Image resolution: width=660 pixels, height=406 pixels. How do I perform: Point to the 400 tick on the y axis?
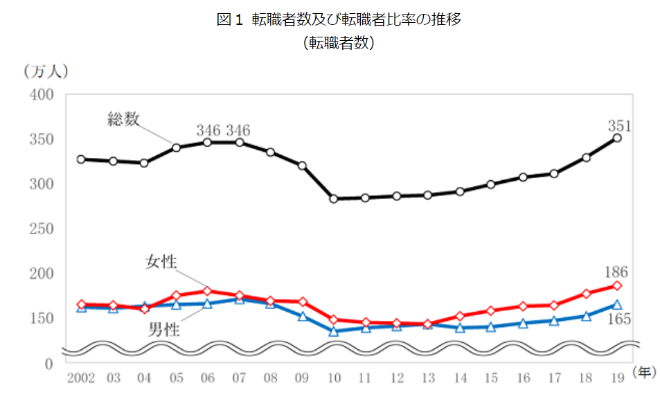point(42,95)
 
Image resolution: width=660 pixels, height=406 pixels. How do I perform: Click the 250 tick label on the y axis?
point(42,229)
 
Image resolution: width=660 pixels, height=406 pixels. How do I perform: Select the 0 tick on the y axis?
point(48,363)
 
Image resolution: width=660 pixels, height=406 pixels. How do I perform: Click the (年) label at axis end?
point(644,374)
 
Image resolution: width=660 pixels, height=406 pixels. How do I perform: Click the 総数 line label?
point(123,118)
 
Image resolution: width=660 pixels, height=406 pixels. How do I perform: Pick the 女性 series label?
point(161,262)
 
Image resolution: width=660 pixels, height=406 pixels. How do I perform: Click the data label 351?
point(618,125)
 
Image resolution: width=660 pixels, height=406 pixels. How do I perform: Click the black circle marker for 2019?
point(617,139)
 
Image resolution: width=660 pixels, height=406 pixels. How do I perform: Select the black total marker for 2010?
point(333,199)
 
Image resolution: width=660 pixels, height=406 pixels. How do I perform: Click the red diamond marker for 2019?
point(617,286)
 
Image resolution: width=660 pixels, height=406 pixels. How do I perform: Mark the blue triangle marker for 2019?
point(617,305)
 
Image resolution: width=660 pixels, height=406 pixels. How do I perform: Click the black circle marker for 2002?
point(81,159)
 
